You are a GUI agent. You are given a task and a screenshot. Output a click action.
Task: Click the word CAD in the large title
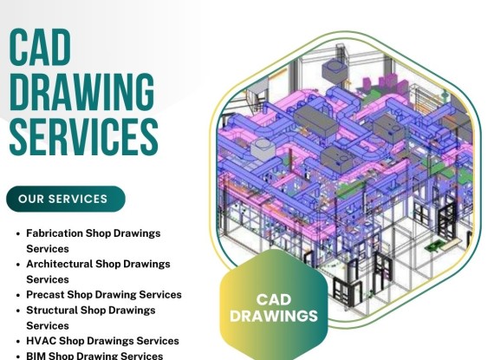[x=40, y=47]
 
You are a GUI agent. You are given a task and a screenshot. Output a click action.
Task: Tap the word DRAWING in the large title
[x=82, y=92]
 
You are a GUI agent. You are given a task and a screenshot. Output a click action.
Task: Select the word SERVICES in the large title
[x=83, y=137]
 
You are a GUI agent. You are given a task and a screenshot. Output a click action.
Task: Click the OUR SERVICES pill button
[x=66, y=199]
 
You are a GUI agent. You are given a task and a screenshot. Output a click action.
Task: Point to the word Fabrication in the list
[x=55, y=233]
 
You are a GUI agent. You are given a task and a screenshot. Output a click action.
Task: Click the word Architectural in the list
[x=59, y=264]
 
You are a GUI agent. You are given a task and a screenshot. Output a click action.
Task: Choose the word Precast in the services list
[x=45, y=295]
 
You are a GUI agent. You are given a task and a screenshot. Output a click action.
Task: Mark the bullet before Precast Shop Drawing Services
[x=18, y=296]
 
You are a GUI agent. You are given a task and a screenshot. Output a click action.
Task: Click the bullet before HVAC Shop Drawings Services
[x=18, y=342]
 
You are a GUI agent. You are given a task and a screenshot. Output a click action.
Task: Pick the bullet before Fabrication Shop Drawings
[x=18, y=234]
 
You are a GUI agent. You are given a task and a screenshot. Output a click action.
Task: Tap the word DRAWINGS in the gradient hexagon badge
[x=274, y=316]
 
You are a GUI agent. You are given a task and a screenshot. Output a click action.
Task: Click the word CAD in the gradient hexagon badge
[x=274, y=299]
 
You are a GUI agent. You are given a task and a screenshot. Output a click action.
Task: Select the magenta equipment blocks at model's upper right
[x=385, y=82]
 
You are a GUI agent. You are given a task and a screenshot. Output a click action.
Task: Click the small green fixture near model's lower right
[x=436, y=245]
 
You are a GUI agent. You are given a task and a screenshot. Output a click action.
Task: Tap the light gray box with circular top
[x=263, y=148]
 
